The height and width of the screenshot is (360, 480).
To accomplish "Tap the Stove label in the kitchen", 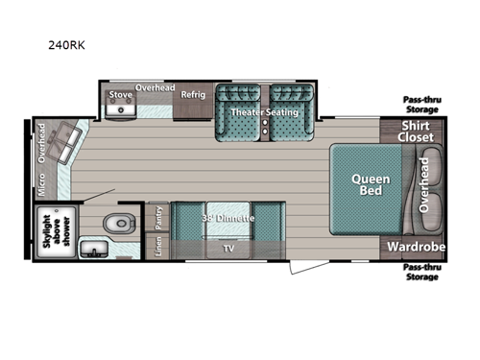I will point(120,95).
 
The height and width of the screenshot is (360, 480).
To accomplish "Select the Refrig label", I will point(192,95).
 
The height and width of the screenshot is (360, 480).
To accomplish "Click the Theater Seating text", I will point(264,112).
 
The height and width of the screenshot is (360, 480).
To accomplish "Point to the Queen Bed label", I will point(369,184).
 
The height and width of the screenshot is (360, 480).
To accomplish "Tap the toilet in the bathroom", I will point(117,224).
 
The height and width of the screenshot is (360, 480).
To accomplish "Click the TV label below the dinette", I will point(228,248).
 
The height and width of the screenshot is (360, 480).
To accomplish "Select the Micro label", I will point(41,187).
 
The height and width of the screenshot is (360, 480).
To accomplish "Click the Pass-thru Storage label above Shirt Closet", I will point(420,104).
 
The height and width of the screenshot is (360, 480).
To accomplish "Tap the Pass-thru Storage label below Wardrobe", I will point(420,271).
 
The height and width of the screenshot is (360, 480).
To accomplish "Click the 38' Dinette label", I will point(228,218).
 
